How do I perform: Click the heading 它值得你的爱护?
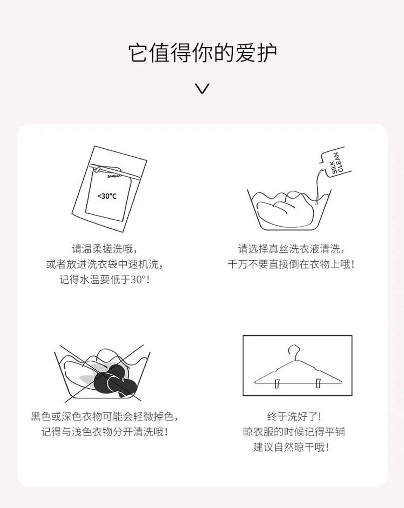pyautogui.click(x=202, y=53)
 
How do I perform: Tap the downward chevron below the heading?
pyautogui.click(x=202, y=89)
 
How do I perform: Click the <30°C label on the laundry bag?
pyautogui.click(x=107, y=196)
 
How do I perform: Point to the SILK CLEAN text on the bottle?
pyautogui.click(x=337, y=163)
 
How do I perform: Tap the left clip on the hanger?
pyautogui.click(x=277, y=384)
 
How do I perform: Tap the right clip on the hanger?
pyautogui.click(x=318, y=383)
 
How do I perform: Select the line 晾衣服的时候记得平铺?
pyautogui.click(x=294, y=432)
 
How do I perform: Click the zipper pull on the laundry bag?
pyautogui.click(x=97, y=169)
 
